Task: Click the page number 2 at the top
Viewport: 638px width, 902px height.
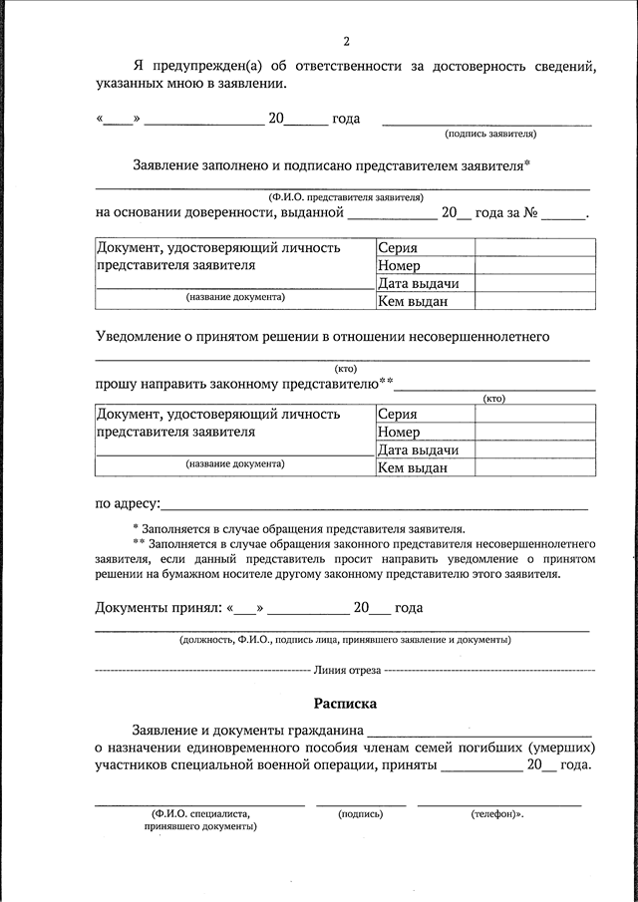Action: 346,41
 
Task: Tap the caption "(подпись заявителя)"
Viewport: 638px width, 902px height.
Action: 490,133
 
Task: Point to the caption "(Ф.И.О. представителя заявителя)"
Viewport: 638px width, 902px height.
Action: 345,197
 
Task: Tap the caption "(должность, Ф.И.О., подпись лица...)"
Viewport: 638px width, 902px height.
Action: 345,639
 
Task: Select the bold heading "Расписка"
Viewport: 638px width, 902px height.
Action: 345,703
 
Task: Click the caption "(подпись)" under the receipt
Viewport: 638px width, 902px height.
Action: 360,814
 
